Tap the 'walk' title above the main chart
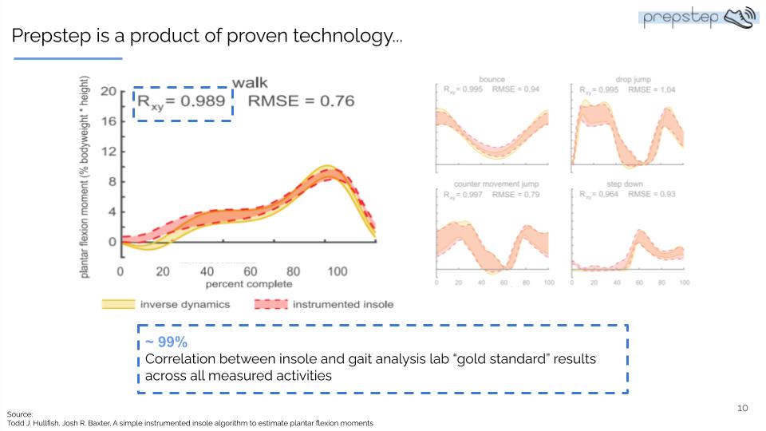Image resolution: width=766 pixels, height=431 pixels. coord(250,82)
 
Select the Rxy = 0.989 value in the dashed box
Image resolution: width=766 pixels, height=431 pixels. coord(182,102)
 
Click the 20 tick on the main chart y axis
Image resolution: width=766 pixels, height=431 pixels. coord(109,91)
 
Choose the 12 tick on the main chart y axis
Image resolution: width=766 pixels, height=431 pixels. coord(109,152)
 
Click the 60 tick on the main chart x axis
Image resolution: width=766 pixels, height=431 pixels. coord(250,271)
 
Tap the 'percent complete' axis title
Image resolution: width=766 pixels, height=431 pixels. coord(249,284)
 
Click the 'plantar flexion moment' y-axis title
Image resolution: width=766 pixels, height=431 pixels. coord(85,177)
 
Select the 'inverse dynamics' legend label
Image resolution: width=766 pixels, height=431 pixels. coord(185,304)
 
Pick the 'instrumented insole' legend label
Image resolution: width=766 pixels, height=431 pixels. coord(343,304)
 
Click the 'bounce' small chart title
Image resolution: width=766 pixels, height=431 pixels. coord(492,80)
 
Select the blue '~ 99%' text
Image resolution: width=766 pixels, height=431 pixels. coord(166,342)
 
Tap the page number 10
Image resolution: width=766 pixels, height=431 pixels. coord(742,408)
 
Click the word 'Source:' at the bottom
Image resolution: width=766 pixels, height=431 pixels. coord(20,414)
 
